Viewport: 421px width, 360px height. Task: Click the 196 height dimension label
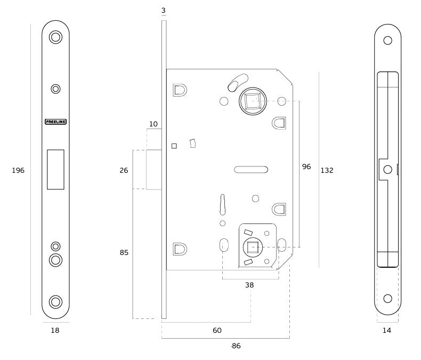pos(18,170)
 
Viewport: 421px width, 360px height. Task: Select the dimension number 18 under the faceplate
pos(55,331)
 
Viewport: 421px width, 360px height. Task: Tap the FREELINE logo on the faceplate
pos(55,121)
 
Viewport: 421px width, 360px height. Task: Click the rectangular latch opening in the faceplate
pos(55,169)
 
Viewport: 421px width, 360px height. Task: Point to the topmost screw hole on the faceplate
pos(55,37)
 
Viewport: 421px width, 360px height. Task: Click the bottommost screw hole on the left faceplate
pos(55,301)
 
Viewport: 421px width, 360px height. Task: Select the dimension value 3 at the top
pos(164,11)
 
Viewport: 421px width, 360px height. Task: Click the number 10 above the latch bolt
pos(153,124)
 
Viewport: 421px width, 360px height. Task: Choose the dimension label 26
pos(124,171)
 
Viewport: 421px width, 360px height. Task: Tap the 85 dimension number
pos(124,252)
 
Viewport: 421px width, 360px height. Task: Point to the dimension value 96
pos(306,166)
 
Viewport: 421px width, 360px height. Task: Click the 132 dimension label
pos(327,170)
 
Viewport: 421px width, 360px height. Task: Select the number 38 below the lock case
pos(249,285)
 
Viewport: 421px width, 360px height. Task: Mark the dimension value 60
pos(217,331)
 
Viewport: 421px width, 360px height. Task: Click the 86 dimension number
pos(236,346)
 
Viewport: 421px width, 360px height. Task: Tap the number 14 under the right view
pos(387,331)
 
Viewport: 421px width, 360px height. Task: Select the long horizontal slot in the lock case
pos(250,170)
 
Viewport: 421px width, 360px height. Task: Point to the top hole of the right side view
pos(387,39)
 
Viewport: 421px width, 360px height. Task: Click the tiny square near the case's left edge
pos(174,146)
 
